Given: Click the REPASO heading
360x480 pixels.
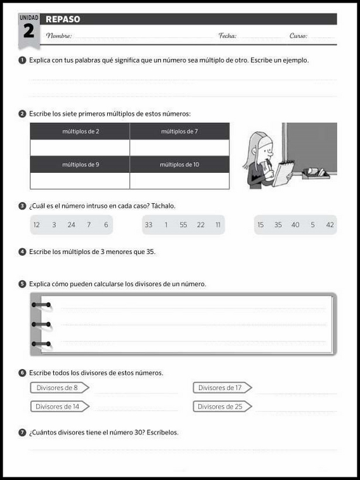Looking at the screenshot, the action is pos(63,19).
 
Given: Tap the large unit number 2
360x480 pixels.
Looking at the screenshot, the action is pos(29,31).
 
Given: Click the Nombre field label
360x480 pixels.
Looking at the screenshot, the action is pos(59,36).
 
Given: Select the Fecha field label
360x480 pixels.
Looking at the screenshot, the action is pos(228,36).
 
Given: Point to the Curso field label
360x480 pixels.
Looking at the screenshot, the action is pos(298,36).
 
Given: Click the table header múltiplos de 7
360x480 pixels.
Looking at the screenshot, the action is pos(179,131).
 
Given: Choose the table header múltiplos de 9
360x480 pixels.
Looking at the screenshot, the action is pos(80,165).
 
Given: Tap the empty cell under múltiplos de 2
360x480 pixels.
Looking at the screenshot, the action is pos(80,148).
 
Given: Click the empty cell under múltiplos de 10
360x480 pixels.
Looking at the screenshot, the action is pos(179,180).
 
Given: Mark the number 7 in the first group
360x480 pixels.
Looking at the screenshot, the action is pos(89,225).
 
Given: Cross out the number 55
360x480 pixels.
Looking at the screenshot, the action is pos(183,225).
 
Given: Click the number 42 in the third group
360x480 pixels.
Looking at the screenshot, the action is pos(330,225).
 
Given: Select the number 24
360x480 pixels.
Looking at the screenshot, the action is pos(71,225).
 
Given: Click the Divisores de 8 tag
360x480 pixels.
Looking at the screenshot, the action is pos(60,388).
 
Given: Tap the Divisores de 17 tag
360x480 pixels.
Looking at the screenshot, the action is pos(222,388).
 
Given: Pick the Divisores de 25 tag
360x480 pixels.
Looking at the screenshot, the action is pos(222,407).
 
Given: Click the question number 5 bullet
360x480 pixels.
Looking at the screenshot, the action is pos(22,284).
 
